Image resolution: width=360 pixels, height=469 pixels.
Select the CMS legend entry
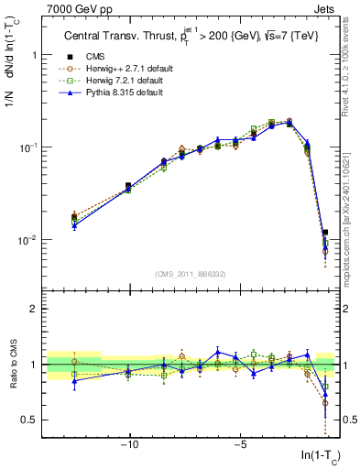pyautogui.click(x=100, y=55)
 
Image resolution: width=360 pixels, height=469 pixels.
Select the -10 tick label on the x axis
pyautogui.click(x=129, y=446)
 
